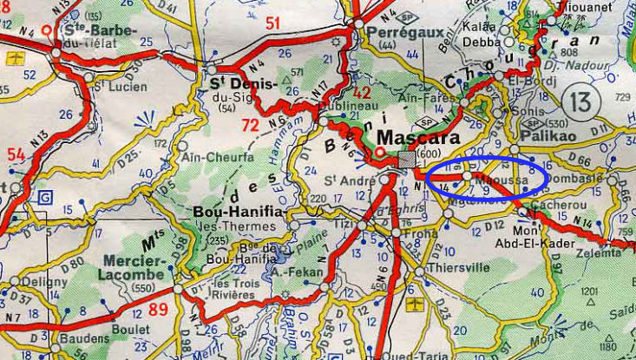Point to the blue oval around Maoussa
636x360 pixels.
(x=487, y=175)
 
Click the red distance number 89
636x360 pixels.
(x=158, y=311)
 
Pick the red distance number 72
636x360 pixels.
(x=251, y=127)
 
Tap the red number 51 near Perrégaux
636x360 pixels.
(x=272, y=23)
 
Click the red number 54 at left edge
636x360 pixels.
(x=16, y=154)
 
